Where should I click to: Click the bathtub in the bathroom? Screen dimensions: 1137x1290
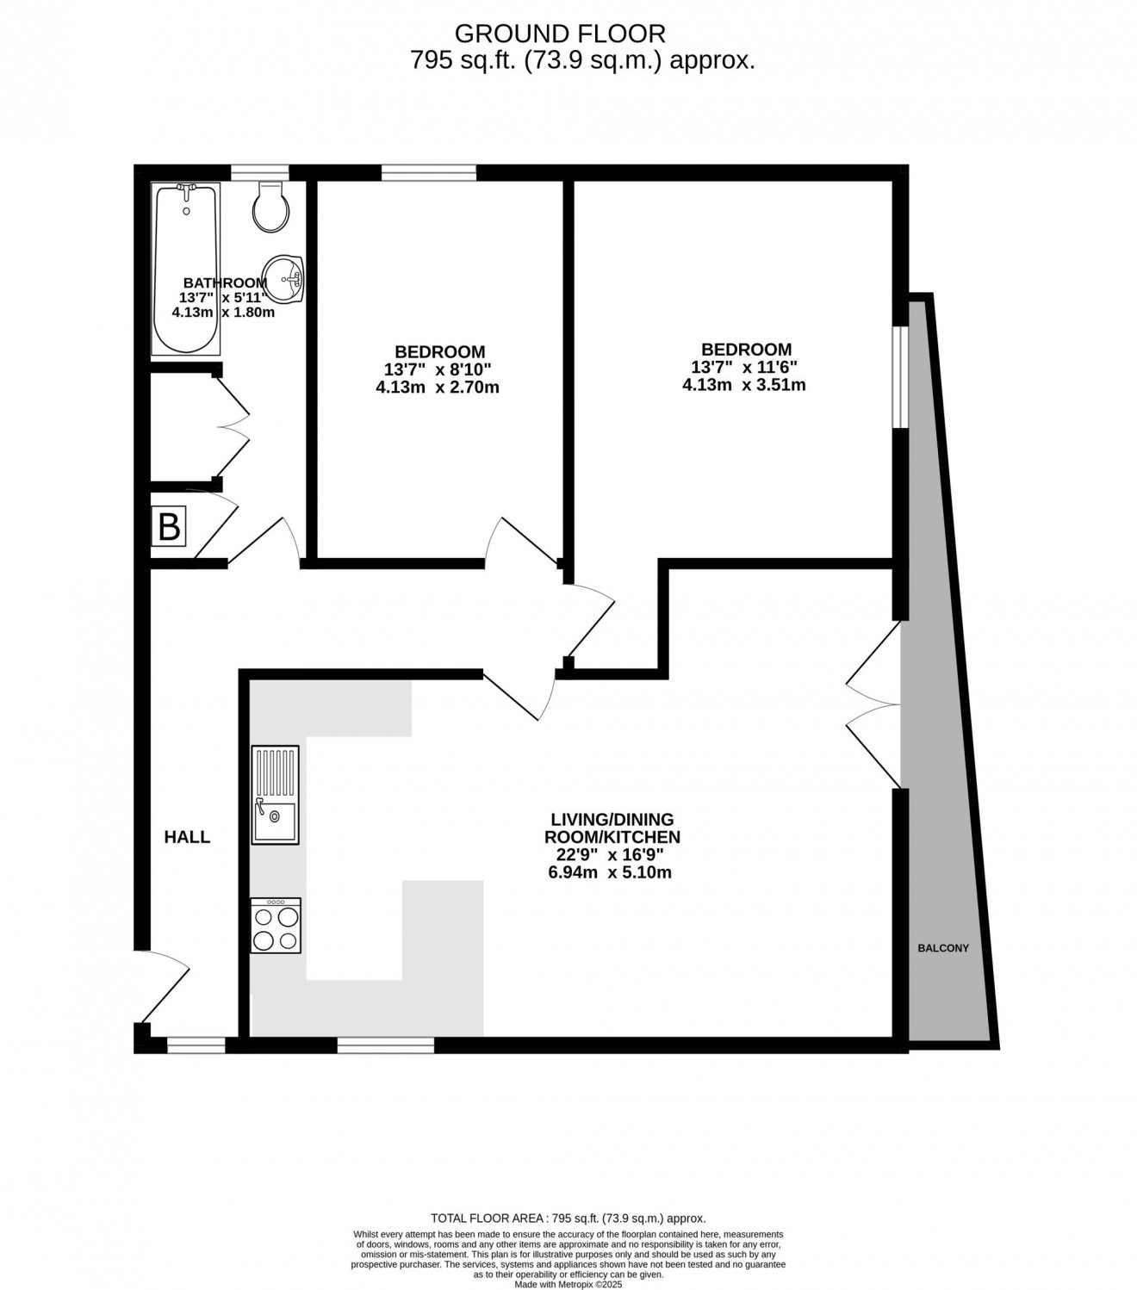186,269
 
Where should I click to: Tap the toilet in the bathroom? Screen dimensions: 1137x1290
270,207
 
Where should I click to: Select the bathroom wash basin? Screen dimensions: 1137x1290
283,279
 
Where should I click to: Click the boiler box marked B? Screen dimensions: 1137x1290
168,526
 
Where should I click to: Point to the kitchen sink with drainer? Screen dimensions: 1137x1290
275,795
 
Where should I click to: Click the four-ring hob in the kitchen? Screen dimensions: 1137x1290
275,925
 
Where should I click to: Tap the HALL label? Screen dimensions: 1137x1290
187,837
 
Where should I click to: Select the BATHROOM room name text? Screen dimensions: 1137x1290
225,282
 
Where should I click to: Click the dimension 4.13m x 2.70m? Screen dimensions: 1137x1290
438,388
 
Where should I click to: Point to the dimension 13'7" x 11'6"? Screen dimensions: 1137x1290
744,367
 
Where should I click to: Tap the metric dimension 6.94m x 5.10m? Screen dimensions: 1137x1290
610,872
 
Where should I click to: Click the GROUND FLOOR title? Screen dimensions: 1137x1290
560,33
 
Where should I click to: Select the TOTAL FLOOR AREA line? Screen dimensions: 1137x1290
568,1218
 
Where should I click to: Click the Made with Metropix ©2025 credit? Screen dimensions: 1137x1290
568,1284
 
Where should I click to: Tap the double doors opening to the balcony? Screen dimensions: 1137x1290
874,705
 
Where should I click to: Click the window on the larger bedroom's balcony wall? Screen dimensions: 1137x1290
900,377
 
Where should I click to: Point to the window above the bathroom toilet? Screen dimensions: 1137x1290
259,172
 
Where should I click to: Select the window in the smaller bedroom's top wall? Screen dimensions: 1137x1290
429,172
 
